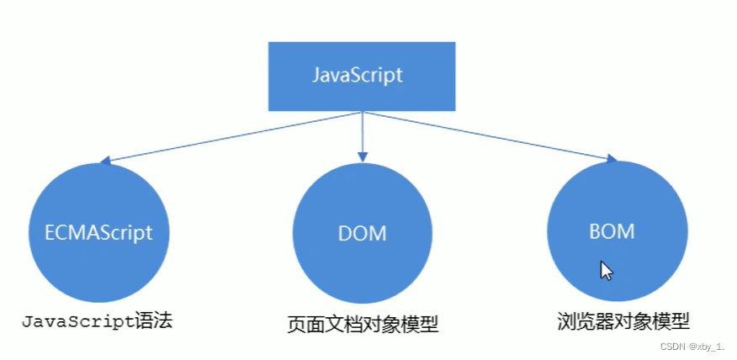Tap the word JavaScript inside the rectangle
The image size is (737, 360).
click(358, 74)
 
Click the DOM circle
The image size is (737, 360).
click(362, 233)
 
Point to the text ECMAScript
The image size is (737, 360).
click(98, 232)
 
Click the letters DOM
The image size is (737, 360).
click(363, 233)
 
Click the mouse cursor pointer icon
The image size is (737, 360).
click(606, 270)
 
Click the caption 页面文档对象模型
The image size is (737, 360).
click(362, 324)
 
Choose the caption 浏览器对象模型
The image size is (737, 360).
click(623, 321)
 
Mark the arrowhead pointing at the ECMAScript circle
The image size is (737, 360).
click(105, 161)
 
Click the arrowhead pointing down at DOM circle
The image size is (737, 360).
click(363, 156)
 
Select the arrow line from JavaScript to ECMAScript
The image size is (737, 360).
click(227, 137)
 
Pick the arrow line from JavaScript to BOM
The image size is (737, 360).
click(488, 135)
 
